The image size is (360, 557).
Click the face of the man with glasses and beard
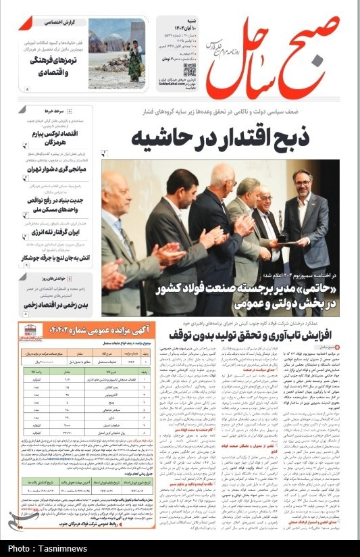coord(301,181)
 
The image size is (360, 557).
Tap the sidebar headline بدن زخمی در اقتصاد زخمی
coord(62,306)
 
